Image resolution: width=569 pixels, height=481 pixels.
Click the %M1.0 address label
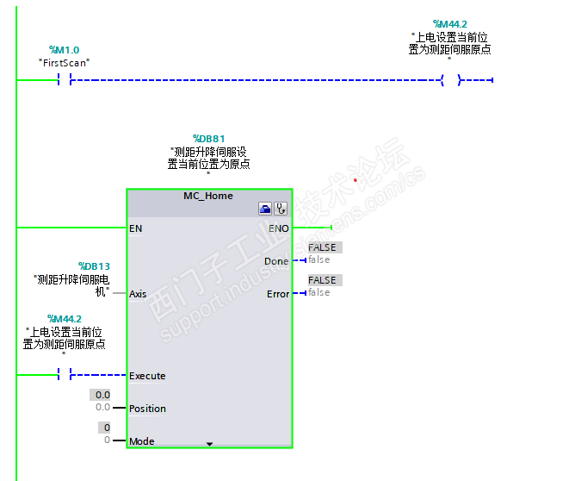tap(65, 50)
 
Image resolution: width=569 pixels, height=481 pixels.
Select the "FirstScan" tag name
tap(65, 63)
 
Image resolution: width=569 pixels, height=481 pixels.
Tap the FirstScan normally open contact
tap(65, 80)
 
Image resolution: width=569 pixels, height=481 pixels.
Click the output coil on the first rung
tap(450, 80)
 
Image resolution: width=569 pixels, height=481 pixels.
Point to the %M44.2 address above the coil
tap(449, 24)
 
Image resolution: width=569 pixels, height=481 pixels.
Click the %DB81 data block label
tap(208, 139)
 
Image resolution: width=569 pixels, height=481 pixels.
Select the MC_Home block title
tap(208, 196)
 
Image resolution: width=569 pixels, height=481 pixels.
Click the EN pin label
tap(136, 228)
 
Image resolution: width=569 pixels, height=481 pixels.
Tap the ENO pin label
tap(279, 228)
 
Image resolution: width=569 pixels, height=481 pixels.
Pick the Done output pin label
tap(277, 261)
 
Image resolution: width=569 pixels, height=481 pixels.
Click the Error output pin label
tap(278, 294)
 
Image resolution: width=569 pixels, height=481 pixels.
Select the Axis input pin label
tap(138, 294)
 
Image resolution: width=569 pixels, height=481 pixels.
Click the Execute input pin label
tap(147, 376)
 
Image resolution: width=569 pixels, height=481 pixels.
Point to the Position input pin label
tap(147, 409)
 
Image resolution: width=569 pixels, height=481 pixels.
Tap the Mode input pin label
tap(142, 441)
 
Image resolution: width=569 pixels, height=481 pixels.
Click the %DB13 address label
tap(94, 266)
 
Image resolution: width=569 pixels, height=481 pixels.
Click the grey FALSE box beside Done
tap(323, 247)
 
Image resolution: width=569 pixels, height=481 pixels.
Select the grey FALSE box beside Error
tap(323, 280)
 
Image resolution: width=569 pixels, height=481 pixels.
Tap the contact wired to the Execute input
tap(65, 375)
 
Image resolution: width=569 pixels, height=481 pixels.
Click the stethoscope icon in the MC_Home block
tap(281, 209)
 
